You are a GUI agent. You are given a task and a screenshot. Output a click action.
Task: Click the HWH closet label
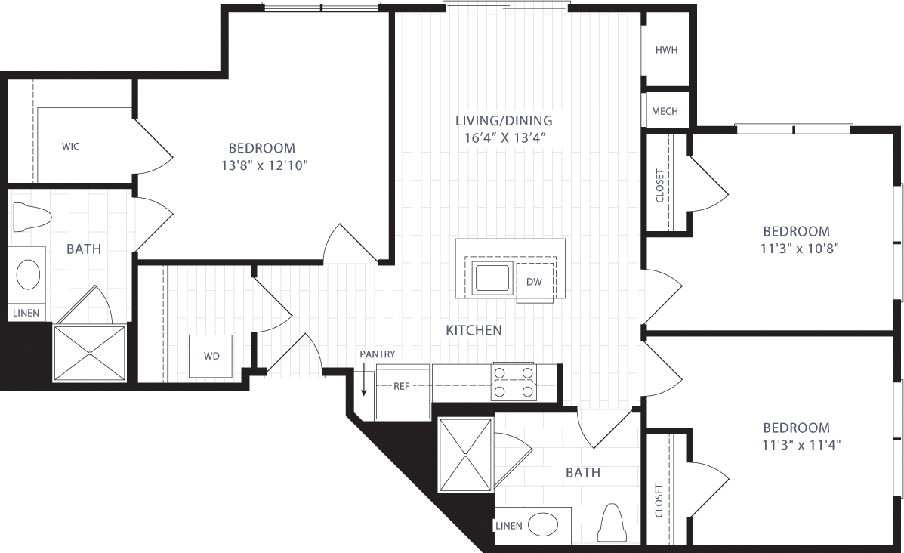(x=666, y=51)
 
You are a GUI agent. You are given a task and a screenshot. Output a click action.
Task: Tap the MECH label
(x=665, y=111)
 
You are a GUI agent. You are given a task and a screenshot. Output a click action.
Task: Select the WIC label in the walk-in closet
(x=70, y=147)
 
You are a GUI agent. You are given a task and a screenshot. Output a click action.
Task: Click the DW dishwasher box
(x=534, y=282)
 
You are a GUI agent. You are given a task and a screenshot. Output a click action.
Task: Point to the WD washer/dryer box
(x=211, y=355)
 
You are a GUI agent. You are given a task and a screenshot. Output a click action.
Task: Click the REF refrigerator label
(x=401, y=386)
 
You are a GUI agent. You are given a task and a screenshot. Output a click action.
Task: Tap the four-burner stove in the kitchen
(x=514, y=382)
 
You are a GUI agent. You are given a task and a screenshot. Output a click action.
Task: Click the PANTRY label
(x=377, y=354)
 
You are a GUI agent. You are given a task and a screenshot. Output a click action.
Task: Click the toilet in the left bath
(x=31, y=218)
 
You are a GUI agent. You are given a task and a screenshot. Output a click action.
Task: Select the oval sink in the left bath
(x=29, y=275)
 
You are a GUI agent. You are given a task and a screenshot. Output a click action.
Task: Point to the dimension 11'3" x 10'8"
(x=795, y=247)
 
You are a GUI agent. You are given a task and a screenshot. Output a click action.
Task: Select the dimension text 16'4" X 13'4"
(x=504, y=137)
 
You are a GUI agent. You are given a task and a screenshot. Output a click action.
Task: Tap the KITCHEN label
(x=474, y=330)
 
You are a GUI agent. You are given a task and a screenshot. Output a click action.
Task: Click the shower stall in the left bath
(x=89, y=353)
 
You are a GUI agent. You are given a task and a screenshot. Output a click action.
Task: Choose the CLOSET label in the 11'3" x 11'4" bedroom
(x=659, y=500)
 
